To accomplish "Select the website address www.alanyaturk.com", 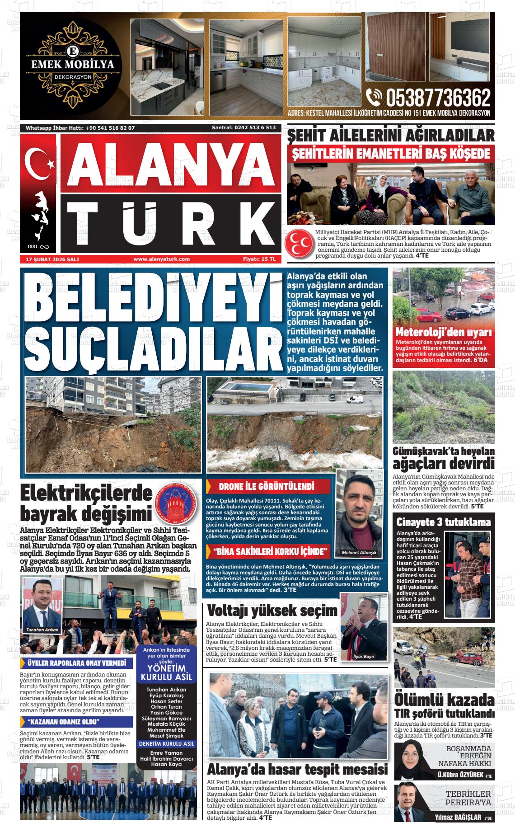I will [x=161, y=259].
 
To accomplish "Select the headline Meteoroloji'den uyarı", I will [x=443, y=332].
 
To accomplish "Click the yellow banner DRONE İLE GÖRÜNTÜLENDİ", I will [x=266, y=487].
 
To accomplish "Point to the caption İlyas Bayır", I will [x=364, y=657].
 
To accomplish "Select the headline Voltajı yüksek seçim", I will [x=272, y=611].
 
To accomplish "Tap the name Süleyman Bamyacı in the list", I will [x=166, y=719].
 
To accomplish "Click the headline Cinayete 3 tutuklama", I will [x=443, y=522].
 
